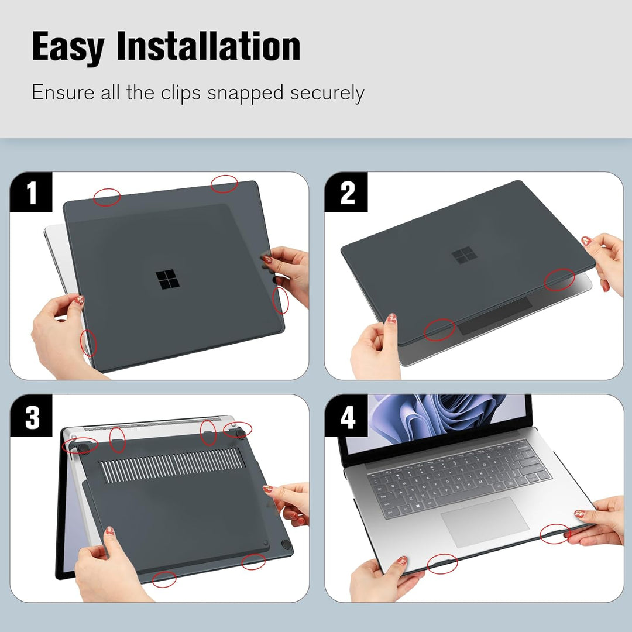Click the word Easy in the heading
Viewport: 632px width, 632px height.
(68, 47)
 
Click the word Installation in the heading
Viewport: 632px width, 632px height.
(208, 47)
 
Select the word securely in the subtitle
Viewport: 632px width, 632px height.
(327, 93)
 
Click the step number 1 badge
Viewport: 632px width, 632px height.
(31, 193)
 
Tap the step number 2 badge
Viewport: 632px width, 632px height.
(347, 193)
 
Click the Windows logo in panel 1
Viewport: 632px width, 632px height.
(167, 280)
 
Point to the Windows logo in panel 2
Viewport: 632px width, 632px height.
(463, 256)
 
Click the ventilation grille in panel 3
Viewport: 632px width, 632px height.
(170, 466)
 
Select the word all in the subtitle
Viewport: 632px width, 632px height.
(111, 92)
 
